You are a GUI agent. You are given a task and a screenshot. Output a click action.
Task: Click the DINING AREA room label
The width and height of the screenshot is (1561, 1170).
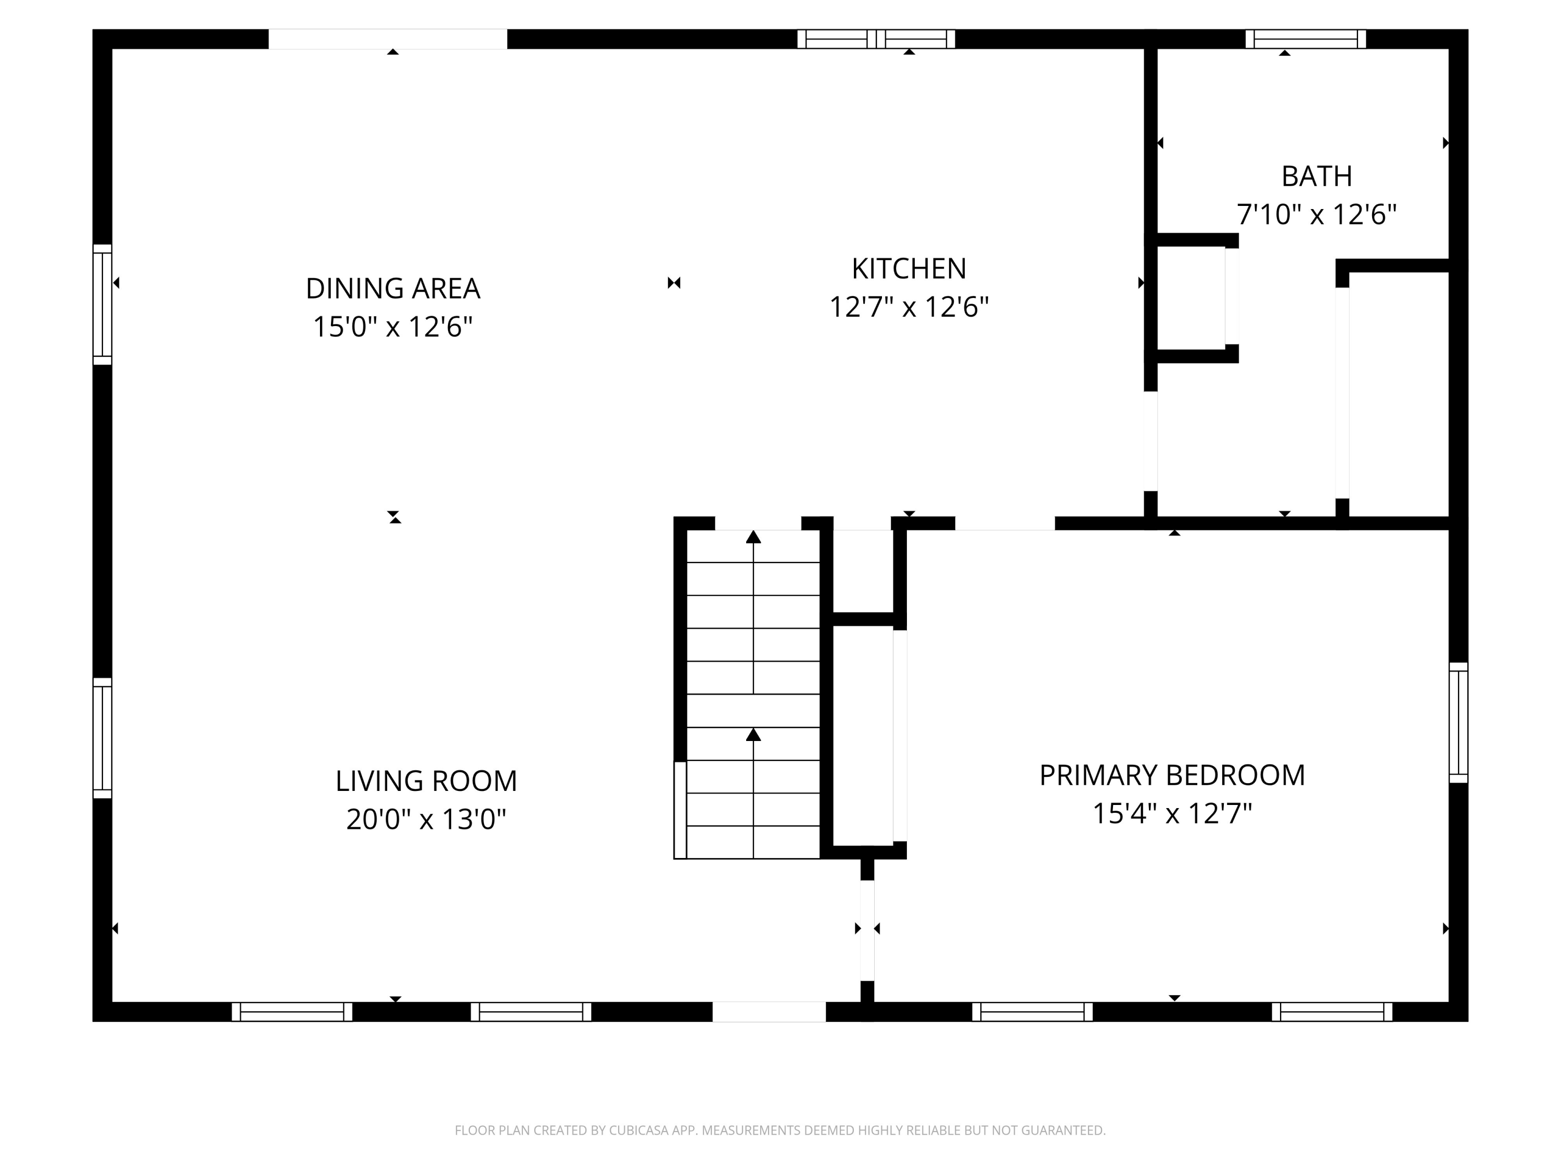click(x=392, y=289)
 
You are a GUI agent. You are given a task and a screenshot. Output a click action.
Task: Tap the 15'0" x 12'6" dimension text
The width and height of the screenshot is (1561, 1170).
click(x=392, y=327)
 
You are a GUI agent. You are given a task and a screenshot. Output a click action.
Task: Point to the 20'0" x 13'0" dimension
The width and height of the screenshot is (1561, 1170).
click(x=426, y=820)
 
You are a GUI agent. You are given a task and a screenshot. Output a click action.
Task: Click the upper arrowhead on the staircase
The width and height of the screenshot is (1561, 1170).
click(x=753, y=537)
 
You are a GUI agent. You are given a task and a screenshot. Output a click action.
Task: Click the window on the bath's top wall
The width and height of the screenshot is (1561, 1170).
click(x=1305, y=39)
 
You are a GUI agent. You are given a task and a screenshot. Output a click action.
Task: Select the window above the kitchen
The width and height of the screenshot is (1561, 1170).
click(x=876, y=39)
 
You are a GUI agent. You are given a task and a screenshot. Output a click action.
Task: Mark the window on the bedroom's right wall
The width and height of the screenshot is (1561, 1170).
click(x=1458, y=722)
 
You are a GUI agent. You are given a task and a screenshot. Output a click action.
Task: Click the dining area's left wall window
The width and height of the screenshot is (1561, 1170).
click(x=103, y=305)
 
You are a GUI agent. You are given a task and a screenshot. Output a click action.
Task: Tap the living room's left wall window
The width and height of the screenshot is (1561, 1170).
click(x=103, y=738)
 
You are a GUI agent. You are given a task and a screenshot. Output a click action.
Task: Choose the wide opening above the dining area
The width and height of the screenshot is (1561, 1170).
click(x=388, y=39)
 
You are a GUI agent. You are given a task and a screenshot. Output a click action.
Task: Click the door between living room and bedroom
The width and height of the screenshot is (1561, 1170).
click(x=867, y=930)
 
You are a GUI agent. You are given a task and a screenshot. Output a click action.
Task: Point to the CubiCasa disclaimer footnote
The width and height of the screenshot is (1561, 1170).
click(x=780, y=1130)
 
